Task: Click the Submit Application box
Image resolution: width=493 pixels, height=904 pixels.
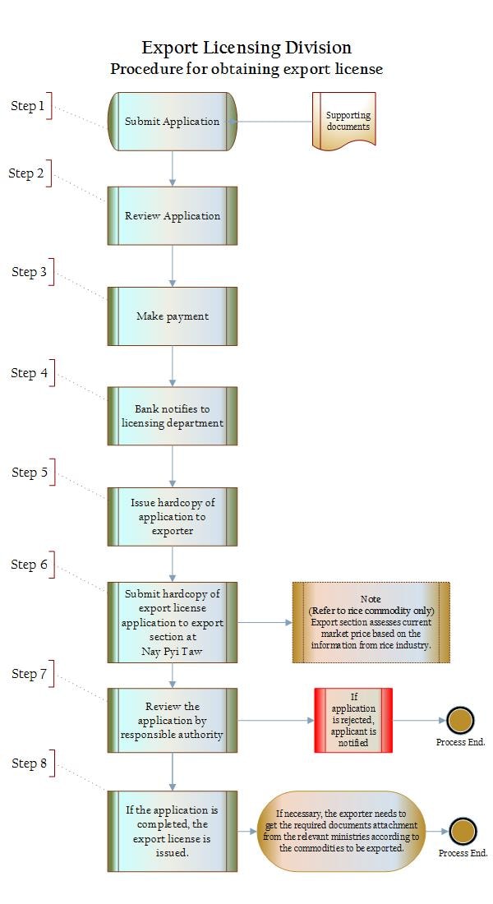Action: pos(173,122)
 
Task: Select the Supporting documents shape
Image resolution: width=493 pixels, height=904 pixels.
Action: pos(344,121)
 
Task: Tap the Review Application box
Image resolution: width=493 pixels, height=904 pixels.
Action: pos(173,215)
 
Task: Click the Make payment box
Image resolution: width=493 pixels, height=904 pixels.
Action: pos(173,316)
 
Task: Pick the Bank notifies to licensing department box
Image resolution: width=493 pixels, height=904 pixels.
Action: pos(173,416)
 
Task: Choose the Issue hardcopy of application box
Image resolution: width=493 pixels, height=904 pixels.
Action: pos(173,517)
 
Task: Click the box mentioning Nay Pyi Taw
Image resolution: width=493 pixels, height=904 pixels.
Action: pos(173,622)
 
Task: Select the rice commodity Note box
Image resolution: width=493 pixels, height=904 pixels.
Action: pos(371,622)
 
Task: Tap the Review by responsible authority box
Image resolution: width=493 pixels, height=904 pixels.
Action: pos(173,720)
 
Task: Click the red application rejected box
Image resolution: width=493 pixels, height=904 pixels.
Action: pos(353,720)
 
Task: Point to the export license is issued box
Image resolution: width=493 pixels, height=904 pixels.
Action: pos(173,831)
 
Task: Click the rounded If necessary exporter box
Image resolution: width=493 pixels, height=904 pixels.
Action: pos(341,831)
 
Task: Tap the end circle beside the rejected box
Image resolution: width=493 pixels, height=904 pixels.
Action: pos(460,720)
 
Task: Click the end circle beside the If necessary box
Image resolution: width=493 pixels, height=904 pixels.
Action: pos(463,832)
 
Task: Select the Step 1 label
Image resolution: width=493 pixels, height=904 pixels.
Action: pos(28,105)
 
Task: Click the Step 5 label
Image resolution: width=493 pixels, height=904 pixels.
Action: pos(30,473)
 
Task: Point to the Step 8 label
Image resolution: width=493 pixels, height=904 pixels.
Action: pos(30,763)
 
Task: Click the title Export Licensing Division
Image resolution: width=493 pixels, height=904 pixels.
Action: pos(246,47)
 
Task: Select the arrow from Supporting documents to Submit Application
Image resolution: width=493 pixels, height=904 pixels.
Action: pos(270,122)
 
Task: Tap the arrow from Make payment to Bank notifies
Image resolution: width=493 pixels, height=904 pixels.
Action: pos(173,366)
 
